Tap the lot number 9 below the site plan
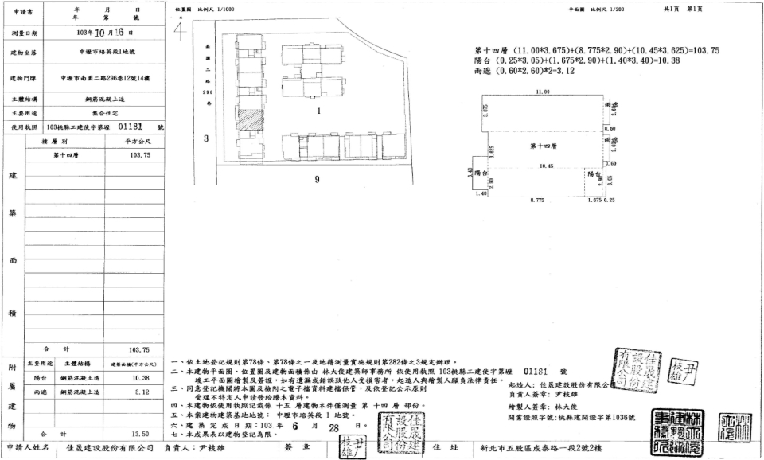(317, 179)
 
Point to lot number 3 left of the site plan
(205, 139)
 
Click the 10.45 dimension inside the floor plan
(546, 166)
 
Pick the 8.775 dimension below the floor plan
(539, 200)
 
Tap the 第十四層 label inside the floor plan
(544, 146)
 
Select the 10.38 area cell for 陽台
(140, 377)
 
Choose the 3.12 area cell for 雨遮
(140, 392)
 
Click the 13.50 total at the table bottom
(140, 434)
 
